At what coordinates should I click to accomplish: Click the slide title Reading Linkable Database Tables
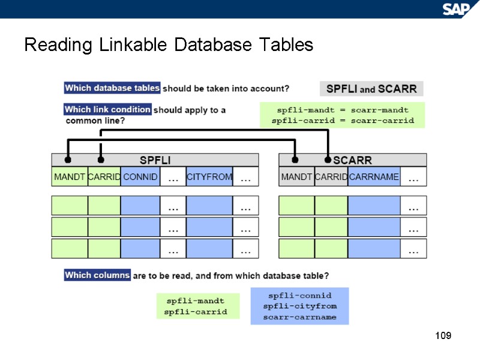pyautogui.click(x=169, y=45)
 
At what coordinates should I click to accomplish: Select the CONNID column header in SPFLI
pyautogui.click(x=140, y=177)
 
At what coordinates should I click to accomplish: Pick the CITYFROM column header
pyautogui.click(x=209, y=177)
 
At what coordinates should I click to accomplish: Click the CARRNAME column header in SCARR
pyautogui.click(x=374, y=177)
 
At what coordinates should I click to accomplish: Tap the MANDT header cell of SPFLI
pyautogui.click(x=70, y=177)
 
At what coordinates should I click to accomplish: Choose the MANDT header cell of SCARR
pyautogui.click(x=296, y=177)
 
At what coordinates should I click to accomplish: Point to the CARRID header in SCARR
pyautogui.click(x=331, y=177)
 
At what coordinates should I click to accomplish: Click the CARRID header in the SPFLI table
pyautogui.click(x=104, y=177)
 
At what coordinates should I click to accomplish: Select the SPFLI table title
pyautogui.click(x=155, y=160)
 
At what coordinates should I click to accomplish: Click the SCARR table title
pyautogui.click(x=352, y=160)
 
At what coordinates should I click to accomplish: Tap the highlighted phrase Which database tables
pyautogui.click(x=112, y=88)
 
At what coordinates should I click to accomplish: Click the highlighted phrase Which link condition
pyautogui.click(x=107, y=110)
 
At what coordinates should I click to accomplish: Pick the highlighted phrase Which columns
pyautogui.click(x=97, y=275)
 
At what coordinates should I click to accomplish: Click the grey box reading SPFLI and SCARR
pyautogui.click(x=371, y=89)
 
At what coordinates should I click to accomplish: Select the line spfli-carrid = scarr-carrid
pyautogui.click(x=343, y=121)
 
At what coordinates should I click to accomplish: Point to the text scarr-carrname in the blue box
pyautogui.click(x=299, y=317)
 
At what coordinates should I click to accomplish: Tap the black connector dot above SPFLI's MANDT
pyautogui.click(x=68, y=160)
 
